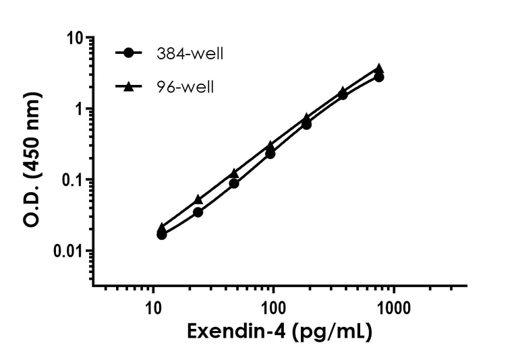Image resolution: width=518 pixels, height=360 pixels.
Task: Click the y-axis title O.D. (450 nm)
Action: [x=32, y=160]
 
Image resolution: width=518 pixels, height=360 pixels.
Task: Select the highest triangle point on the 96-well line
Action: [x=379, y=68]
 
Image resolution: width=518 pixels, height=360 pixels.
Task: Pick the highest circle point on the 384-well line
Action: [x=379, y=77]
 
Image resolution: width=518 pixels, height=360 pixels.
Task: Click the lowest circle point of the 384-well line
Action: [x=162, y=235]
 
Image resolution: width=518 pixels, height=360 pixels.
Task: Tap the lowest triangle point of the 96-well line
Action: [x=162, y=228]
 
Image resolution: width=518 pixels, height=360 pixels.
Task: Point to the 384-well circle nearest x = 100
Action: [x=270, y=154]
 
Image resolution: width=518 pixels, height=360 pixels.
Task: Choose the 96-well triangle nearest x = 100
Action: [x=270, y=145]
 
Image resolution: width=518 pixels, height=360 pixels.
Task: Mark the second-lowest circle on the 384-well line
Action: [x=198, y=212]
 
